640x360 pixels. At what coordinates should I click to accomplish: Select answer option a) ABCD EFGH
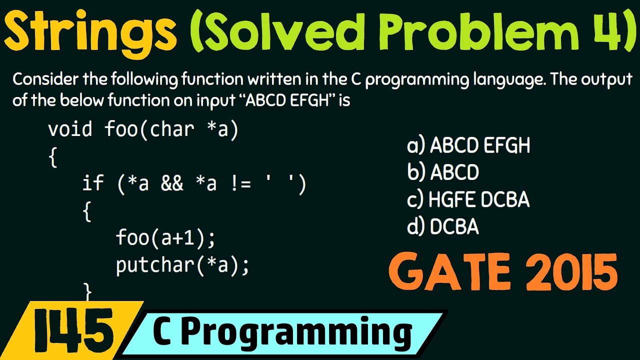[x=468, y=146]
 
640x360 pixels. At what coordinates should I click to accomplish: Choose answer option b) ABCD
[x=443, y=172]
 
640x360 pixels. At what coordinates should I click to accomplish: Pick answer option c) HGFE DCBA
[x=468, y=200]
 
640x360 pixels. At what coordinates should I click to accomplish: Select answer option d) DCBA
[x=443, y=227]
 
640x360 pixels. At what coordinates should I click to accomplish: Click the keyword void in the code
[x=70, y=129]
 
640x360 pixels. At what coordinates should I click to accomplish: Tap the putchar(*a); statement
[x=182, y=265]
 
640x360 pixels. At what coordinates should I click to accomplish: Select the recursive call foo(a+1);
[x=165, y=237]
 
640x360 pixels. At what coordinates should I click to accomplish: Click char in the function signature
[x=171, y=129]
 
